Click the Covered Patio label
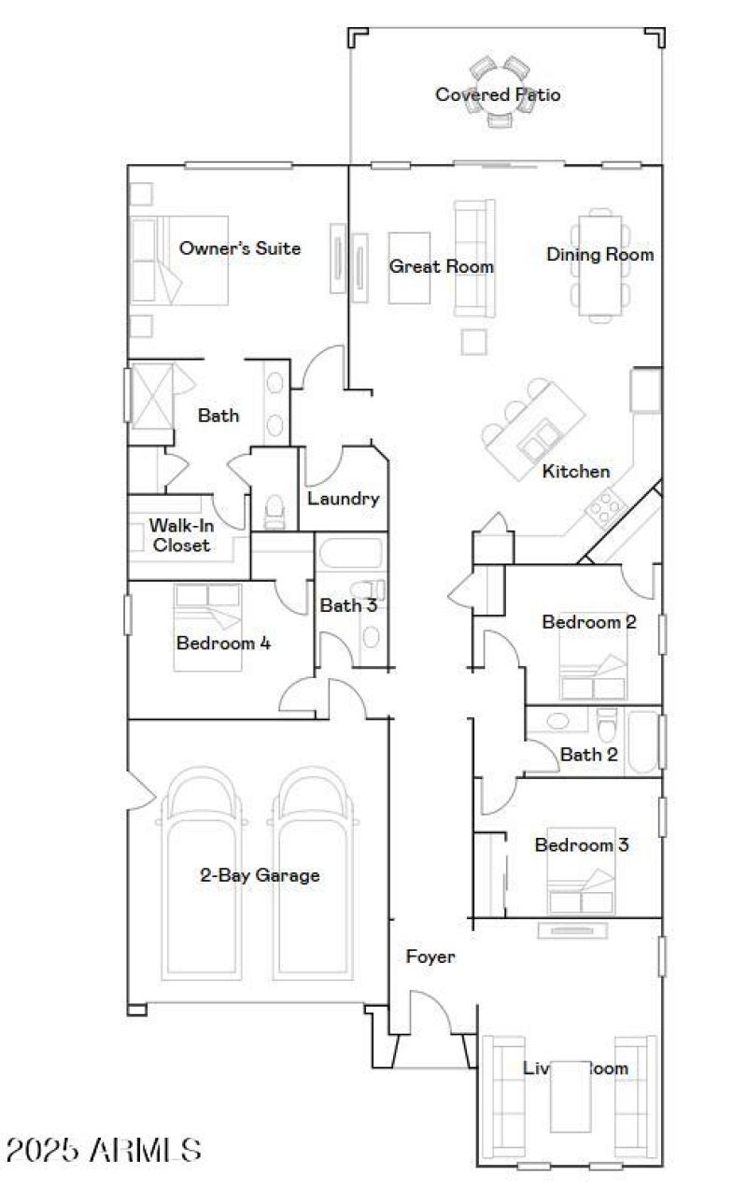click(x=498, y=94)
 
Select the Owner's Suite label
click(x=240, y=248)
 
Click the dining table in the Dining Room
click(x=599, y=266)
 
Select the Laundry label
click(x=343, y=499)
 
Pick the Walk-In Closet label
click(x=181, y=535)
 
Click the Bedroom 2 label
click(x=589, y=622)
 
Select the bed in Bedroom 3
click(x=581, y=884)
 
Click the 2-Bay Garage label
click(x=260, y=875)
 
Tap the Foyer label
click(x=430, y=956)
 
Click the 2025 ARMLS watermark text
click(x=103, y=1150)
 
